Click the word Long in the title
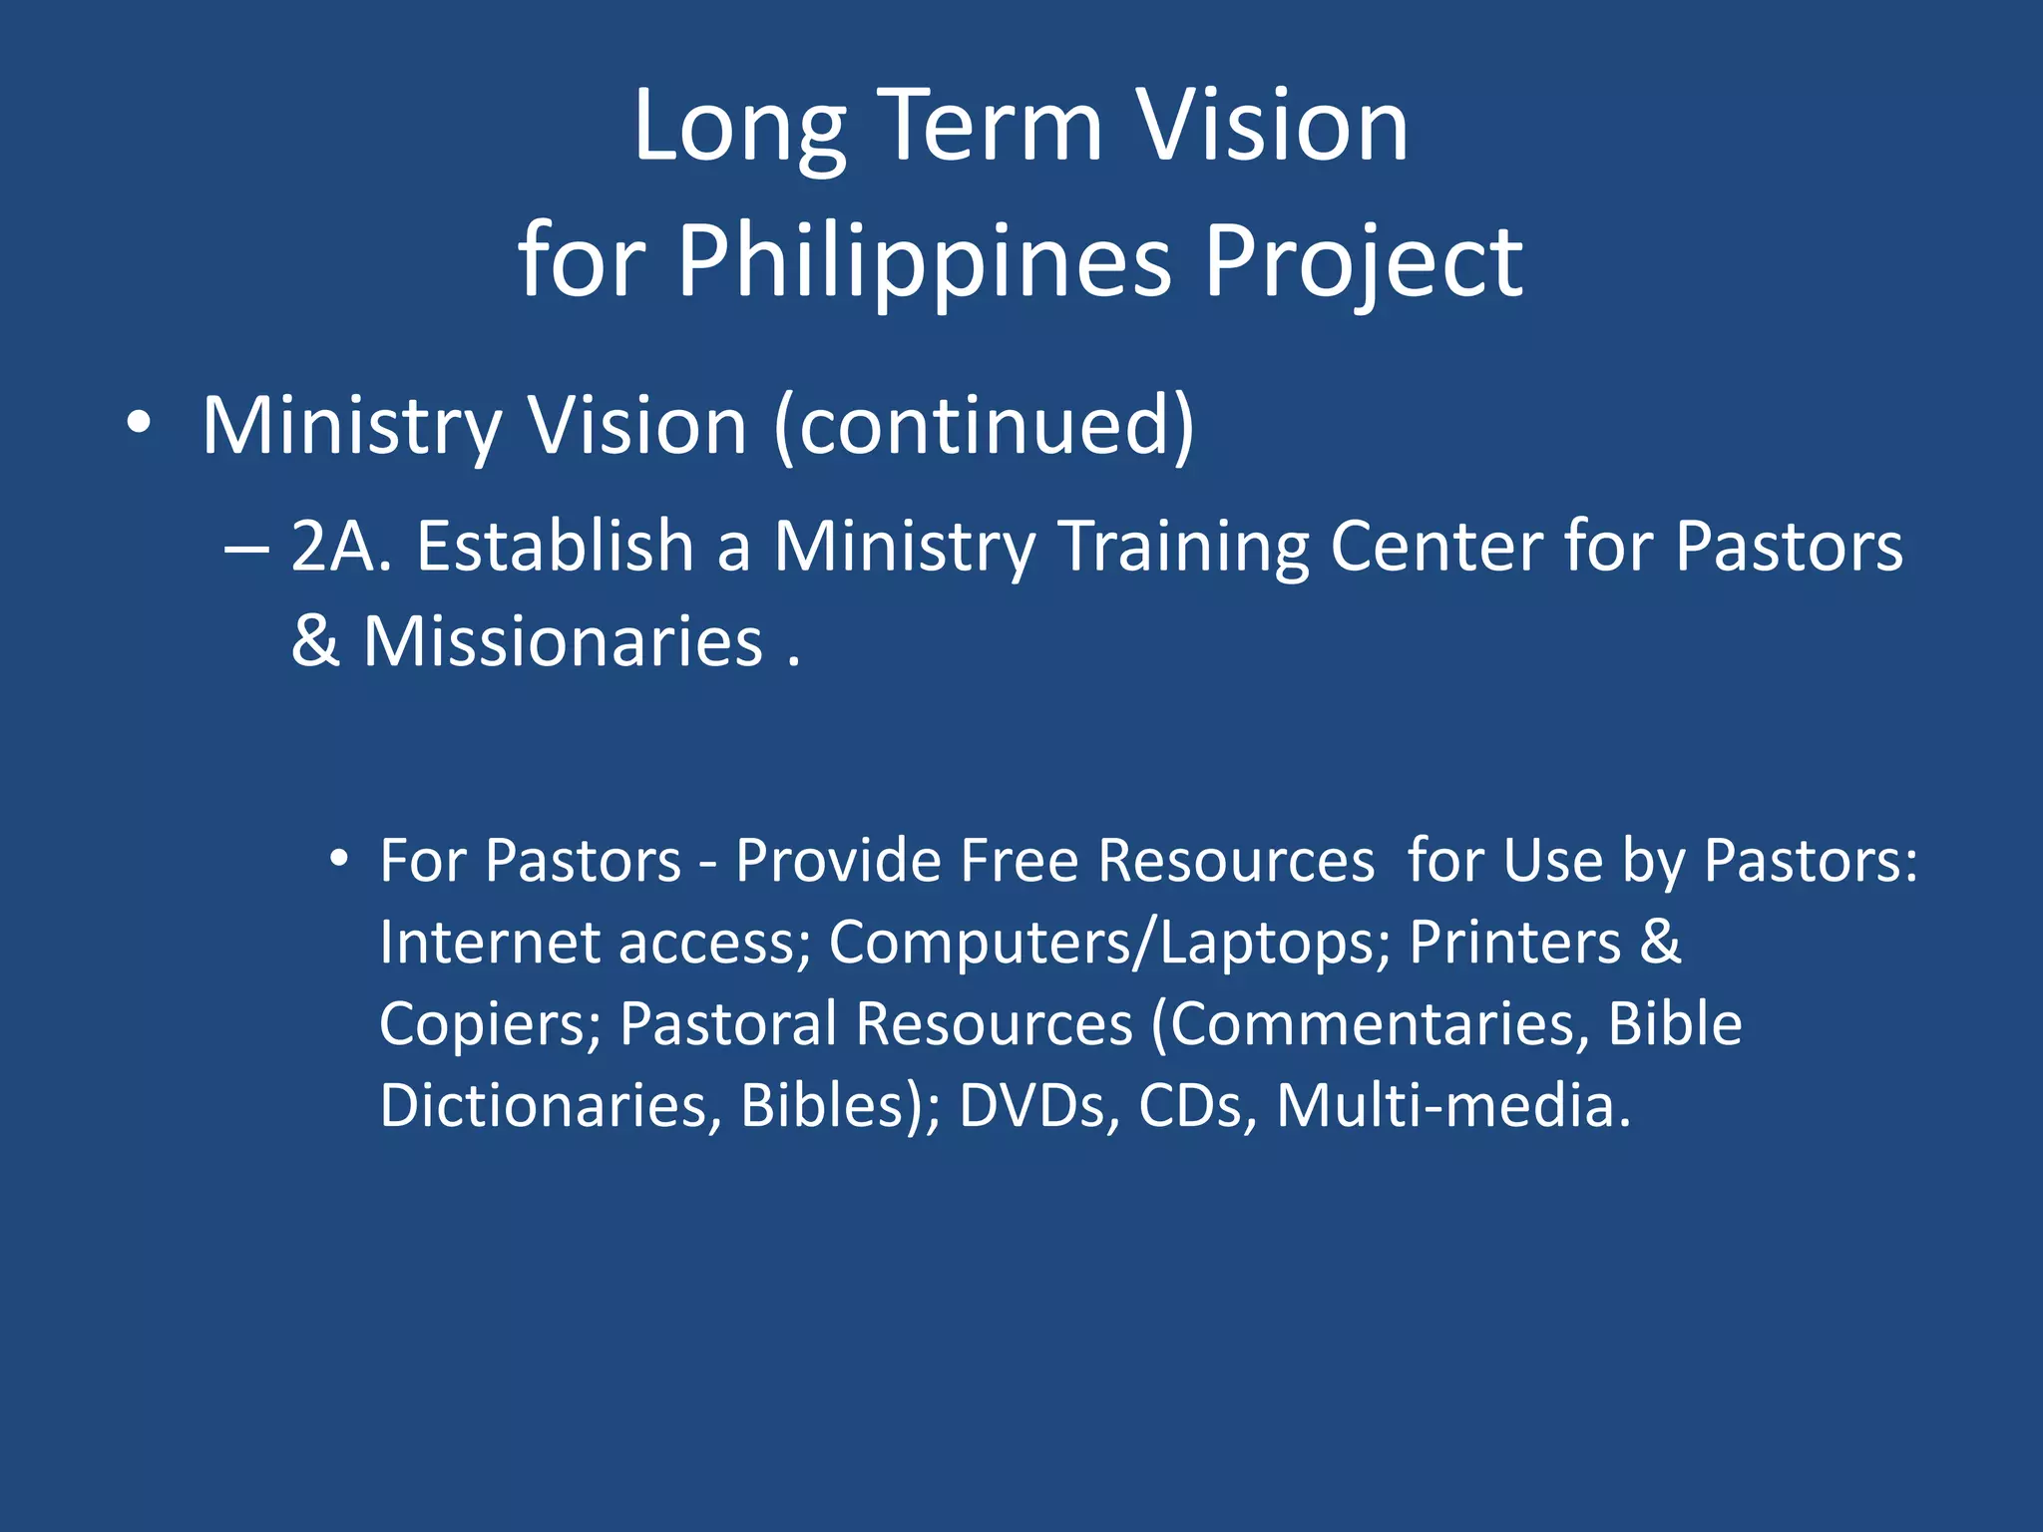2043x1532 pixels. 739,128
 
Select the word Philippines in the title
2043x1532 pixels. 924,261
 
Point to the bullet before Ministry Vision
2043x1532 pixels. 140,424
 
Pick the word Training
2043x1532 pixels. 1182,549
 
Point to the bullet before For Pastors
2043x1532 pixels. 339,858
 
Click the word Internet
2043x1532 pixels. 489,942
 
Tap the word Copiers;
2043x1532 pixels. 490,1025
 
